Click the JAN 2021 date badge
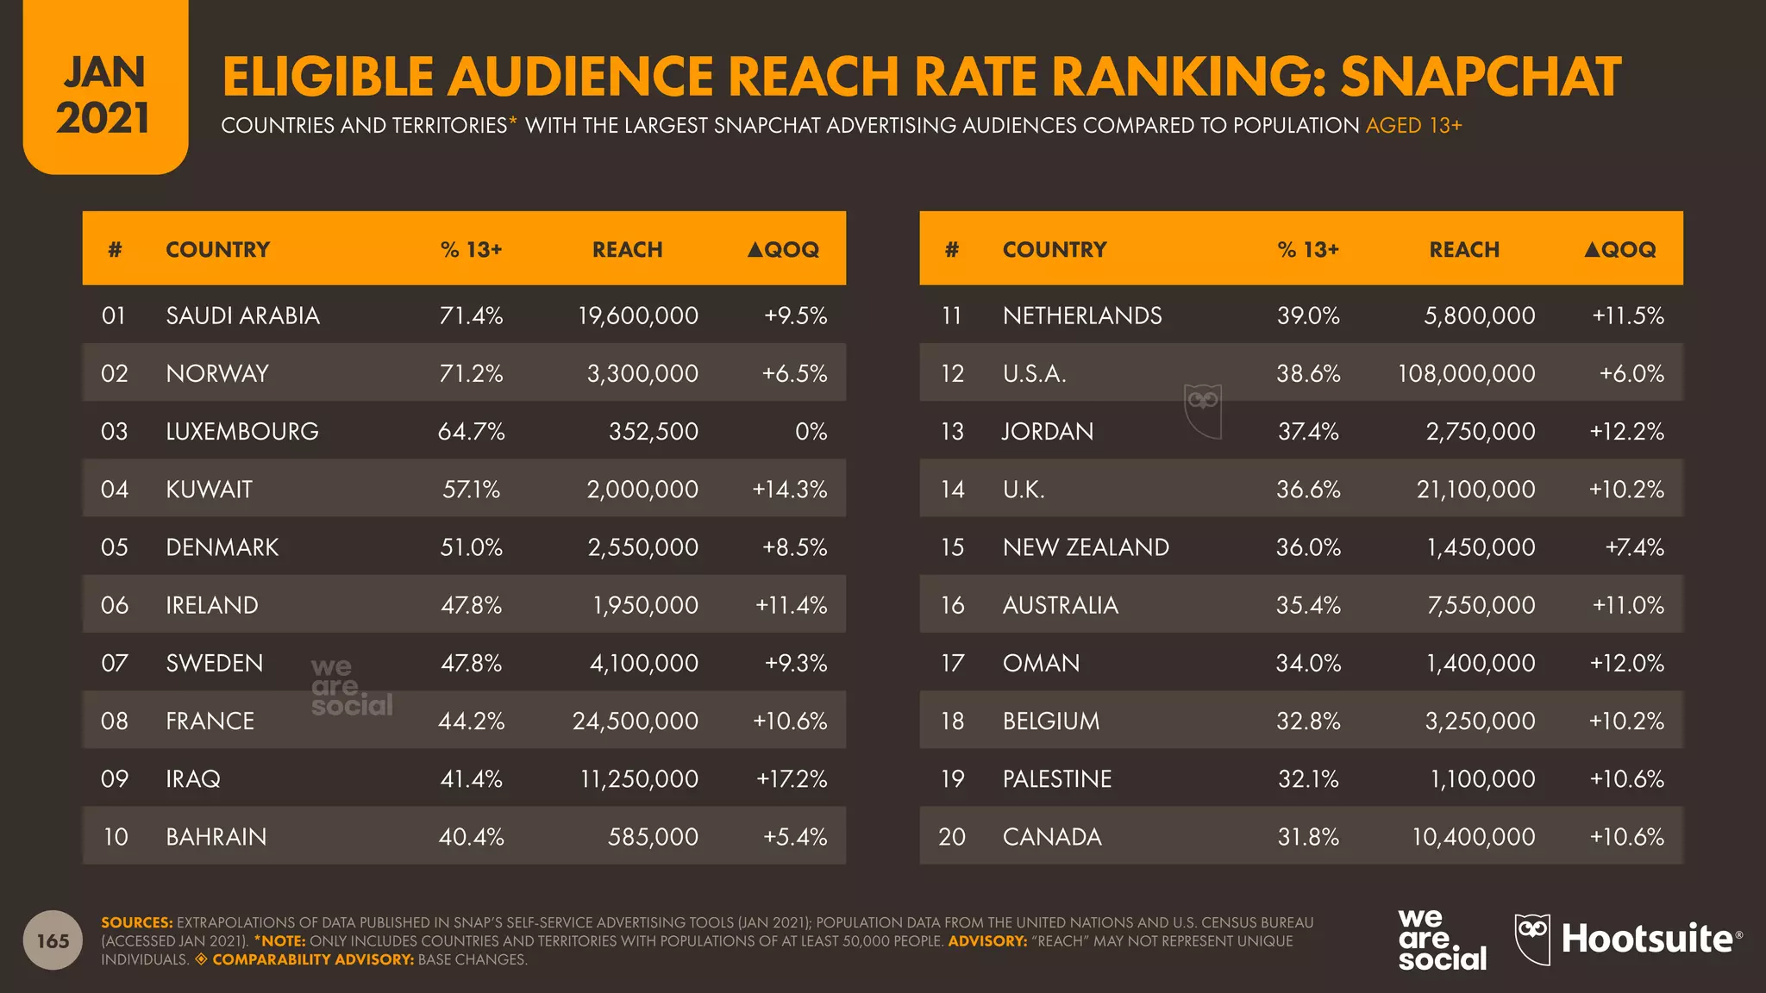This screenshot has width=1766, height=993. tap(104, 95)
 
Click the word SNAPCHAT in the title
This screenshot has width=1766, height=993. tap(1480, 78)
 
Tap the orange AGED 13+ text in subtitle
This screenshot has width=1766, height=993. tap(1413, 126)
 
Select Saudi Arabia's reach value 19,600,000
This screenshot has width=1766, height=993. tap(637, 315)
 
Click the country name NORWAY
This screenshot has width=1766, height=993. tap(217, 373)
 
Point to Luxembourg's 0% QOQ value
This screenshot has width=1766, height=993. tap(811, 431)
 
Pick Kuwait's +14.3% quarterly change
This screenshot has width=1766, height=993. tap(789, 490)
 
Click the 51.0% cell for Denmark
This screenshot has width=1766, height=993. tap(471, 547)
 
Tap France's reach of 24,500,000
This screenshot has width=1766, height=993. tap(635, 721)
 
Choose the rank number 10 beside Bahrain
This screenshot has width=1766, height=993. tap(115, 837)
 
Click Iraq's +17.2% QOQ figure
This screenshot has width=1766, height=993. tap(791, 779)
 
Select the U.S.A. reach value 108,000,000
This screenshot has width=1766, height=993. tap(1466, 373)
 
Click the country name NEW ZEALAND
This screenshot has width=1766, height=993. tap(1085, 547)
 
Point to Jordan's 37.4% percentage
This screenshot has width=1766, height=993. tap(1308, 431)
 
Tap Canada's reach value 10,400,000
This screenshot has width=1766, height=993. tap(1473, 837)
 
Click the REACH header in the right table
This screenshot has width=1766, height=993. tap(1463, 250)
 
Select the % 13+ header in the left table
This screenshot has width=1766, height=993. tap(471, 250)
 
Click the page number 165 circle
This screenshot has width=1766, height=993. tap(53, 940)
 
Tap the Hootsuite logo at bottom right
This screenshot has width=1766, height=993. tap(1628, 939)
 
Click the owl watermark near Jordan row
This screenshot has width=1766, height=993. tap(1202, 410)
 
